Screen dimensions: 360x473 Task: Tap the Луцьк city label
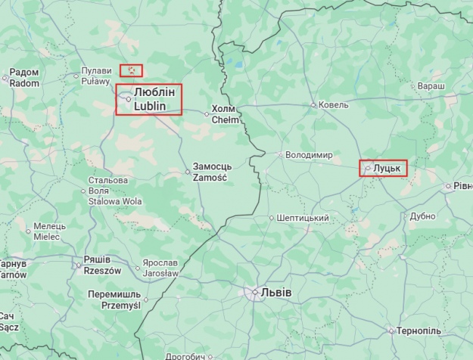pos(386,168)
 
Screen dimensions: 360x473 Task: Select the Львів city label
pos(275,293)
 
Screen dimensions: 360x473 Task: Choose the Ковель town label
pos(334,104)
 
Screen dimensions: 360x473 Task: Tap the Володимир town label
pos(309,155)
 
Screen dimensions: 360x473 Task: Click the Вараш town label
pos(431,87)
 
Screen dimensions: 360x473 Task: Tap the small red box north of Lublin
pos(131,70)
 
